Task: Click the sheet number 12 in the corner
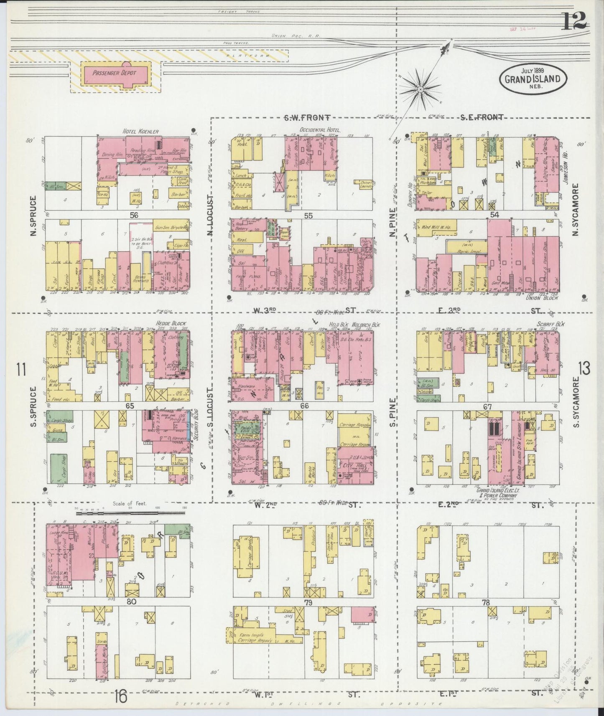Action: pos(574,20)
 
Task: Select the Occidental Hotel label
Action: pos(320,130)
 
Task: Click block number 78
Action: pos(485,603)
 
